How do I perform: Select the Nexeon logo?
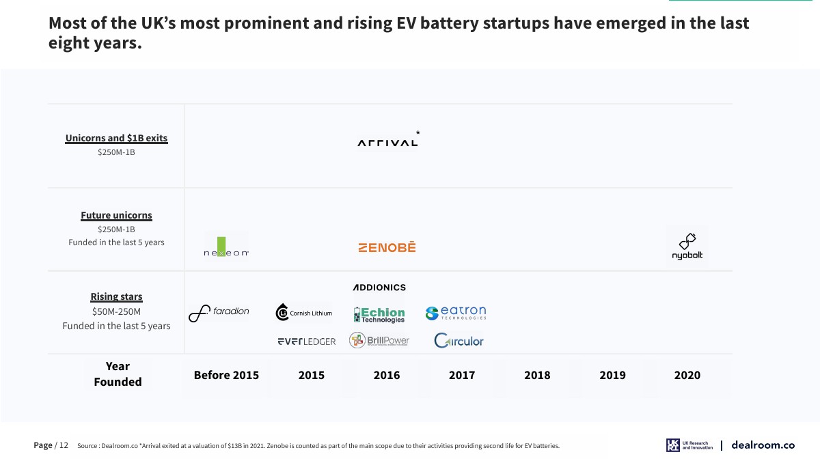click(x=226, y=247)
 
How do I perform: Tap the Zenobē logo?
click(x=387, y=247)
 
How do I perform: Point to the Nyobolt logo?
click(x=687, y=247)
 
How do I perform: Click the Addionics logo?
click(x=379, y=288)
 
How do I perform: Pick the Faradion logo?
click(x=219, y=313)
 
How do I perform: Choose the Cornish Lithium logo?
click(x=303, y=313)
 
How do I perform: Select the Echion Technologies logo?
click(x=379, y=314)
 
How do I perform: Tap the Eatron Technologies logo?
click(x=456, y=313)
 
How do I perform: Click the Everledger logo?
click(x=306, y=341)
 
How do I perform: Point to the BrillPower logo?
click(x=379, y=340)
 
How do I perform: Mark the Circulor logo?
click(x=459, y=340)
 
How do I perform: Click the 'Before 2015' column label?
click(x=226, y=375)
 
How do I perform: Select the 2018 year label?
click(x=537, y=375)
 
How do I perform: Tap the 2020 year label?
click(x=687, y=375)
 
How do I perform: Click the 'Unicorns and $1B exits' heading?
click(x=116, y=138)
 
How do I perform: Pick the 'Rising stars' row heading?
click(x=116, y=296)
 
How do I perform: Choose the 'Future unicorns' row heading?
click(x=116, y=215)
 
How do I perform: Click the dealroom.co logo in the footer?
click(x=763, y=445)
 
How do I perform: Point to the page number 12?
click(x=64, y=445)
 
